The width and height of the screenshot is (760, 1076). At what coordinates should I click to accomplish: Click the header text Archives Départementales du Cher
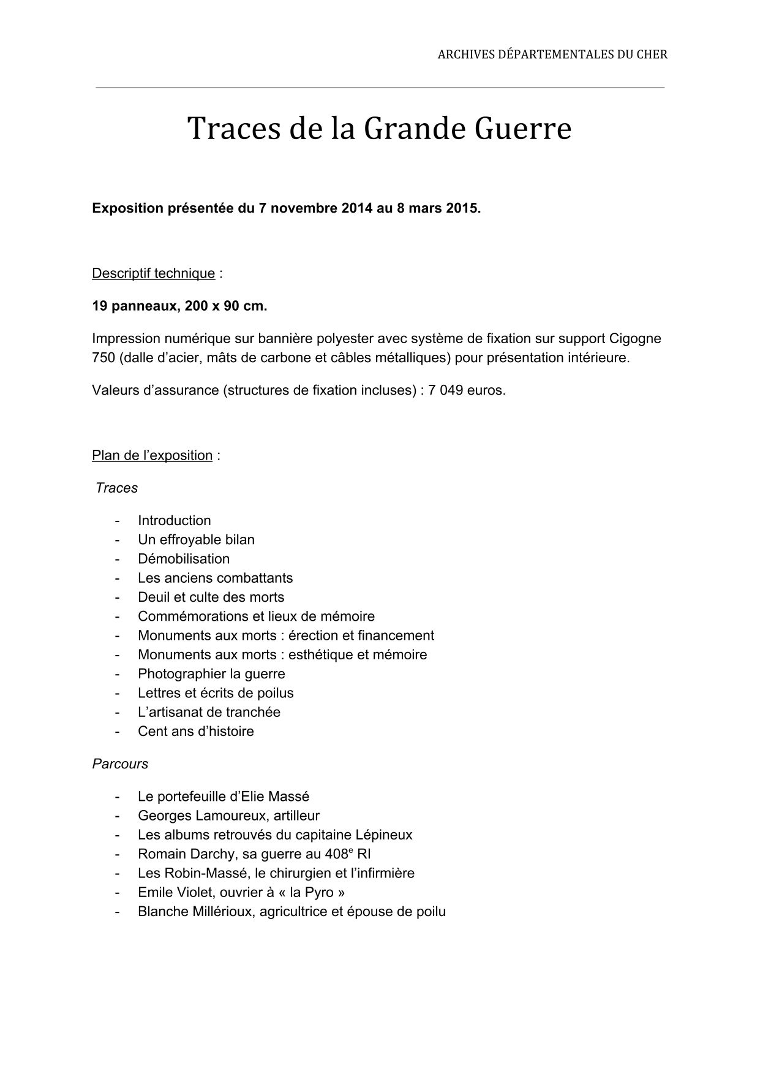552,55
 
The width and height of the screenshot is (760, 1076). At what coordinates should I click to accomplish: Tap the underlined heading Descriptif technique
153,273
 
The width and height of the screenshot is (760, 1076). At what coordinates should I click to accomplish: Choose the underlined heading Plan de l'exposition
152,455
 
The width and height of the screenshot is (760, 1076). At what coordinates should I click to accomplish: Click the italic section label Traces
116,488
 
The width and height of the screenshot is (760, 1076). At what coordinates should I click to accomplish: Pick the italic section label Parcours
120,764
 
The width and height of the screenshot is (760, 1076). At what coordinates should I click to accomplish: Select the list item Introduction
174,521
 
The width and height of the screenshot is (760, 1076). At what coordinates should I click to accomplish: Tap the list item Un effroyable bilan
196,540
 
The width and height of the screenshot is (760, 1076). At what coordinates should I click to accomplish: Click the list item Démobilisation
184,559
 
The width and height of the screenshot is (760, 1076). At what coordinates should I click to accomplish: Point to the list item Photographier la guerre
211,674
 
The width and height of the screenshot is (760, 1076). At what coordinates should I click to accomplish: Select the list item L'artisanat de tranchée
209,712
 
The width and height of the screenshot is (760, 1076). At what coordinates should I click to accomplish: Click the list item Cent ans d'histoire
195,732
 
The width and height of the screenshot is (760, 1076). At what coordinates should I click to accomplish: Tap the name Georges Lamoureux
194,816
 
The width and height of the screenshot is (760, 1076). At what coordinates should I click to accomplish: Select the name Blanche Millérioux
195,912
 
